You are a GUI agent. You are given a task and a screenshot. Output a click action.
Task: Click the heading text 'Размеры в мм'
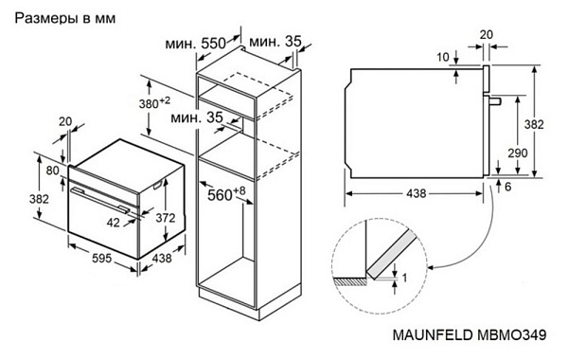pyautogui.click(x=65, y=18)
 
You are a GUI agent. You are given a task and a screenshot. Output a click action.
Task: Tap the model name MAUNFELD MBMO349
pyautogui.click(x=470, y=335)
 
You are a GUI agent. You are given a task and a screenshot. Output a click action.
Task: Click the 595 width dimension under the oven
pyautogui.click(x=102, y=258)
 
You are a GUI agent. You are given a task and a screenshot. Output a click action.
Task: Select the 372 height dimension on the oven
pyautogui.click(x=165, y=218)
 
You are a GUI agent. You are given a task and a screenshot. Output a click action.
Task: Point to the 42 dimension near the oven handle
pyautogui.click(x=113, y=223)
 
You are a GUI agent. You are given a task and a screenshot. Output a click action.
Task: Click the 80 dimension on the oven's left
pyautogui.click(x=52, y=170)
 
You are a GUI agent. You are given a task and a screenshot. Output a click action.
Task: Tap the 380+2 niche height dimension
pyautogui.click(x=154, y=102)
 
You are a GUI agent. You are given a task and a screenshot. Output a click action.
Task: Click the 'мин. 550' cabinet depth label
pyautogui.click(x=196, y=44)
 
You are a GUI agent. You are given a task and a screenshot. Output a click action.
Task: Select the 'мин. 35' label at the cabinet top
pyautogui.click(x=275, y=42)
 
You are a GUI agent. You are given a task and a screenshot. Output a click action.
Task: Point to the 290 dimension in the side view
pyautogui.click(x=518, y=153)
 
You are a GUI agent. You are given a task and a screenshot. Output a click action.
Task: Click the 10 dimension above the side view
pyautogui.click(x=443, y=57)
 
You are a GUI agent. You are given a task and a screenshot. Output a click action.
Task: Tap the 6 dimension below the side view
pyautogui.click(x=507, y=187)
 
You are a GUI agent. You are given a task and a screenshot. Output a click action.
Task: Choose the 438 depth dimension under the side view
pyautogui.click(x=417, y=193)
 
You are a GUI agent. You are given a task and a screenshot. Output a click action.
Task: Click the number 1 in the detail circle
pyautogui.click(x=404, y=278)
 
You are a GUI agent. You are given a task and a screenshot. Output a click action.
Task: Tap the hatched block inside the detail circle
pyautogui.click(x=350, y=281)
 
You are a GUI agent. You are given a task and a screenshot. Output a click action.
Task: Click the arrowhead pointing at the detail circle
pyautogui.click(x=431, y=268)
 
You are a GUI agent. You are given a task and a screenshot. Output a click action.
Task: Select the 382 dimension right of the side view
pyautogui.click(x=534, y=124)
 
